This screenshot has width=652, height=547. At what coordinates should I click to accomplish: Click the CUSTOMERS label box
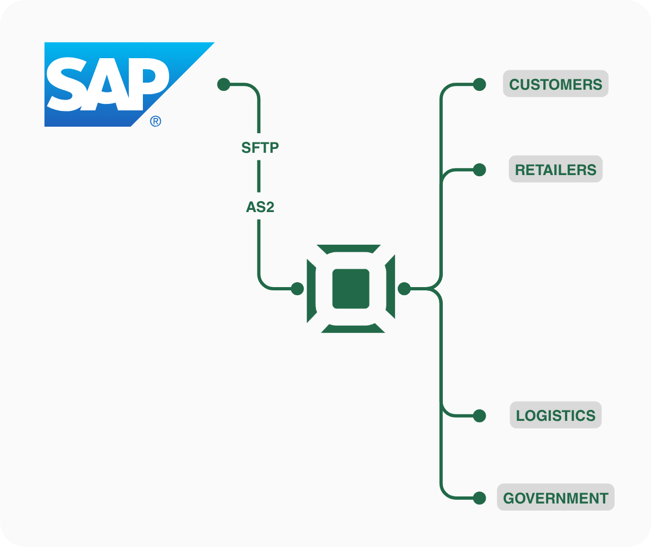pyautogui.click(x=555, y=84)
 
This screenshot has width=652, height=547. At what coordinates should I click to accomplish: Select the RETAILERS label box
pyautogui.click(x=555, y=169)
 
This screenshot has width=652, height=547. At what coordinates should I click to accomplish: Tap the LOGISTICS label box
pyautogui.click(x=555, y=415)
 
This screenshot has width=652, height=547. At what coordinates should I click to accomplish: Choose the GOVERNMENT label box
pyautogui.click(x=555, y=498)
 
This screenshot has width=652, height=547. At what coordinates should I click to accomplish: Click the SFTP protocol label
pyautogui.click(x=260, y=147)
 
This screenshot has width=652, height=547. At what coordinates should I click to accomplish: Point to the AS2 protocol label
pyautogui.click(x=260, y=207)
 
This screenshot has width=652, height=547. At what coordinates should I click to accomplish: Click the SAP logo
pyautogui.click(x=109, y=84)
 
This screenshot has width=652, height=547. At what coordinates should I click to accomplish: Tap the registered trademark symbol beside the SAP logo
pyautogui.click(x=155, y=121)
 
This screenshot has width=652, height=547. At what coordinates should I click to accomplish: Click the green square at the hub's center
pyautogui.click(x=351, y=289)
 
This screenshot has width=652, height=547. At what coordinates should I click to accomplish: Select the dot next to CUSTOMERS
pyautogui.click(x=479, y=84)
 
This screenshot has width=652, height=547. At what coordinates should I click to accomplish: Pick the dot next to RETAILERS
pyautogui.click(x=479, y=170)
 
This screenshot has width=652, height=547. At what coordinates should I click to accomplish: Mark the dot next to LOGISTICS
pyautogui.click(x=479, y=416)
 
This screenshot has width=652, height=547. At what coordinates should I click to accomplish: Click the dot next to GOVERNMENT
pyautogui.click(x=479, y=498)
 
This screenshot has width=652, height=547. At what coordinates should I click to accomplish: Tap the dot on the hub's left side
pyautogui.click(x=297, y=289)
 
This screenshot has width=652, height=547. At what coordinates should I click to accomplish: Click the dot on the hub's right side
pyautogui.click(x=404, y=289)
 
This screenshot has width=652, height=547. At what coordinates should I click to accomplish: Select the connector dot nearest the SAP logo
pyautogui.click(x=223, y=84)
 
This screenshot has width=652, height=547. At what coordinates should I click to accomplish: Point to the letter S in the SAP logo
pyautogui.click(x=66, y=84)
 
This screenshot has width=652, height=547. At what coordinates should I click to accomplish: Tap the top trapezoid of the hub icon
pyautogui.click(x=350, y=248)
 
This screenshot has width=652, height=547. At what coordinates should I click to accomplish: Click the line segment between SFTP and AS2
pyautogui.click(x=259, y=177)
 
